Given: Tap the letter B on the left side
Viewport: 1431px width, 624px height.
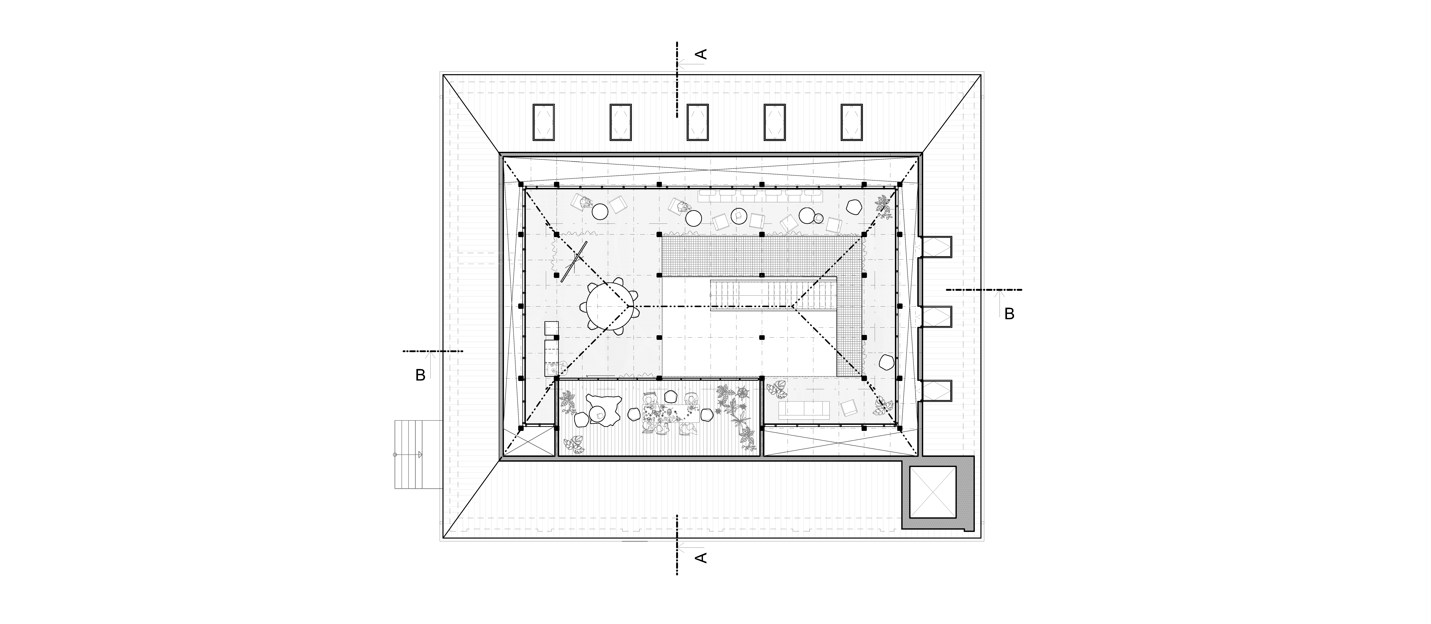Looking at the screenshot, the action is point(421,376).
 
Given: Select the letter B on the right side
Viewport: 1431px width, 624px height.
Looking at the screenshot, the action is point(1009,314).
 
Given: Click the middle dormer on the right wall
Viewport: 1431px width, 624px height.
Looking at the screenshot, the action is point(935,316).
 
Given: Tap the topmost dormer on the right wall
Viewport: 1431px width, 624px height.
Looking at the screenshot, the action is point(935,247).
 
